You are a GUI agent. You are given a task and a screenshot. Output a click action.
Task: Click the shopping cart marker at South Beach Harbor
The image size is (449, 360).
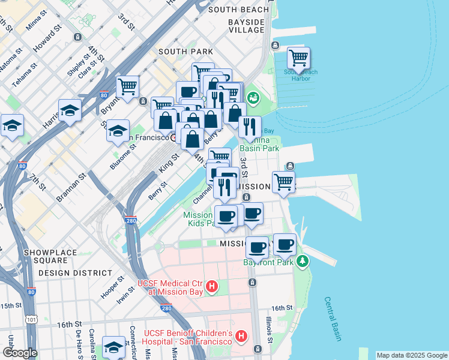click(x=298, y=59)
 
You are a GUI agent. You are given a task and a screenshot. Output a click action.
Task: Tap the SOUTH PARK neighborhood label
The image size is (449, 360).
click(x=185, y=52)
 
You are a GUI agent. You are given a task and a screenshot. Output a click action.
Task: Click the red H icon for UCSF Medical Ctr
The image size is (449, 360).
click(x=211, y=287)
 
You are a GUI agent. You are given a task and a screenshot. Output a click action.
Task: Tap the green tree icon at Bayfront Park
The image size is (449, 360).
click(x=304, y=260)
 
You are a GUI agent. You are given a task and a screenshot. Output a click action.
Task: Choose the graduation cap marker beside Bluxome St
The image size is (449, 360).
click(x=118, y=130)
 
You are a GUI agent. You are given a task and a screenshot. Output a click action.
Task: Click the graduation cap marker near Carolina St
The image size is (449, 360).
click(x=113, y=346)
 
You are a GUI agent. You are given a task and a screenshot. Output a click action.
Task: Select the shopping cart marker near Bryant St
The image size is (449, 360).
click(x=128, y=87)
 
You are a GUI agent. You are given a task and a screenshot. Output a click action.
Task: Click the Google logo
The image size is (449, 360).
click(x=20, y=353)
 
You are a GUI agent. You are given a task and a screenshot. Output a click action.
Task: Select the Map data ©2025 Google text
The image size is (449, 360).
click(x=411, y=355)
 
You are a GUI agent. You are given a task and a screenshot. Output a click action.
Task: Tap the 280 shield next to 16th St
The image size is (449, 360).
click(x=166, y=308)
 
